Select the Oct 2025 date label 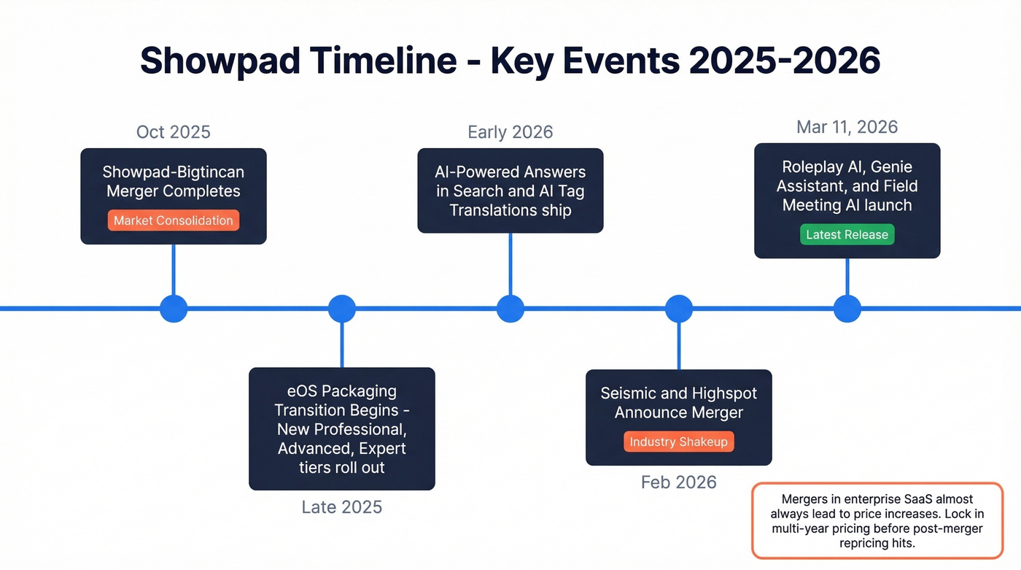pos(173,132)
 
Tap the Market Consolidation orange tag pos(173,220)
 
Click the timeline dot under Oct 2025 pos(173,309)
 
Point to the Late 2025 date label pos(341,507)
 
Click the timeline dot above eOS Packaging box pos(341,309)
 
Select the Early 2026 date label pos(510,132)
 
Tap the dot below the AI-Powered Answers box pos(510,309)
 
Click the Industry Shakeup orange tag pos(678,442)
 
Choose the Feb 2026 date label pos(678,482)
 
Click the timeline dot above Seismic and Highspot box pos(678,309)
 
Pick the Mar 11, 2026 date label pos(847,127)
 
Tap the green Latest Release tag pos(847,235)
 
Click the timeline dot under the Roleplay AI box pos(847,309)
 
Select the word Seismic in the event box pos(628,393)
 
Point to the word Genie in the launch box pos(891,167)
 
